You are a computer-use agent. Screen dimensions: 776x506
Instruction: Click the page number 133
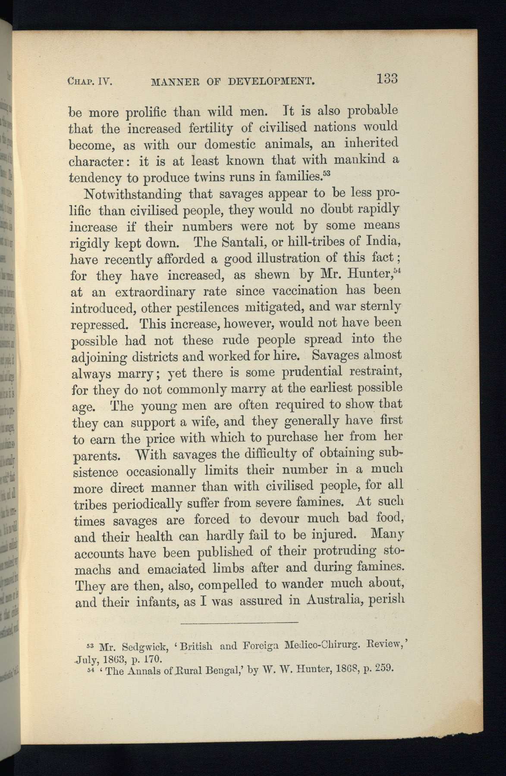387,79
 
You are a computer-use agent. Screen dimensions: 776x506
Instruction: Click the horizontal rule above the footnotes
239,623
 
